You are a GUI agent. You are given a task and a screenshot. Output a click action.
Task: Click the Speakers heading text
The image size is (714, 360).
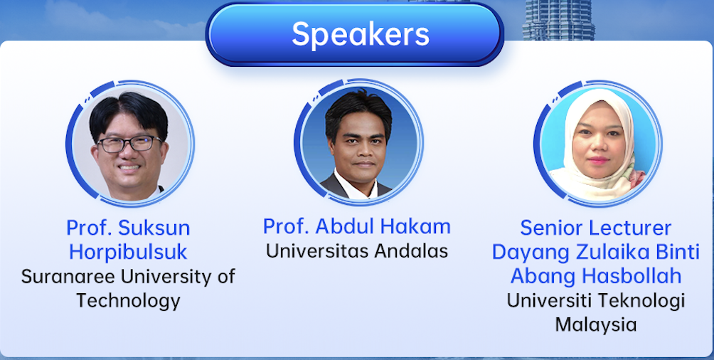click(x=360, y=33)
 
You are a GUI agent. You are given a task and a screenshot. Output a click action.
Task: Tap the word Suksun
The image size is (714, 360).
click(x=154, y=228)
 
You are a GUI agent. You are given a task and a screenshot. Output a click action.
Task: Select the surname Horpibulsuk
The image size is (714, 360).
click(x=128, y=252)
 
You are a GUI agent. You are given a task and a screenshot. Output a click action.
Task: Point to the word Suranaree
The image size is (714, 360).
click(x=68, y=277)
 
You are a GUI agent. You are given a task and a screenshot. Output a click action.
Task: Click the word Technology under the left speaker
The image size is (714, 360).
click(x=128, y=301)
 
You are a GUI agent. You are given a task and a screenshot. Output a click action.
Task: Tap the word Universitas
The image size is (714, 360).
click(x=317, y=250)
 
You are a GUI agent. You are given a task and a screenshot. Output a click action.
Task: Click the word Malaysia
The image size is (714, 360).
click(x=596, y=325)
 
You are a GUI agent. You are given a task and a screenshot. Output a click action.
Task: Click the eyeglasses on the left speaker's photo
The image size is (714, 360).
click(x=129, y=144)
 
